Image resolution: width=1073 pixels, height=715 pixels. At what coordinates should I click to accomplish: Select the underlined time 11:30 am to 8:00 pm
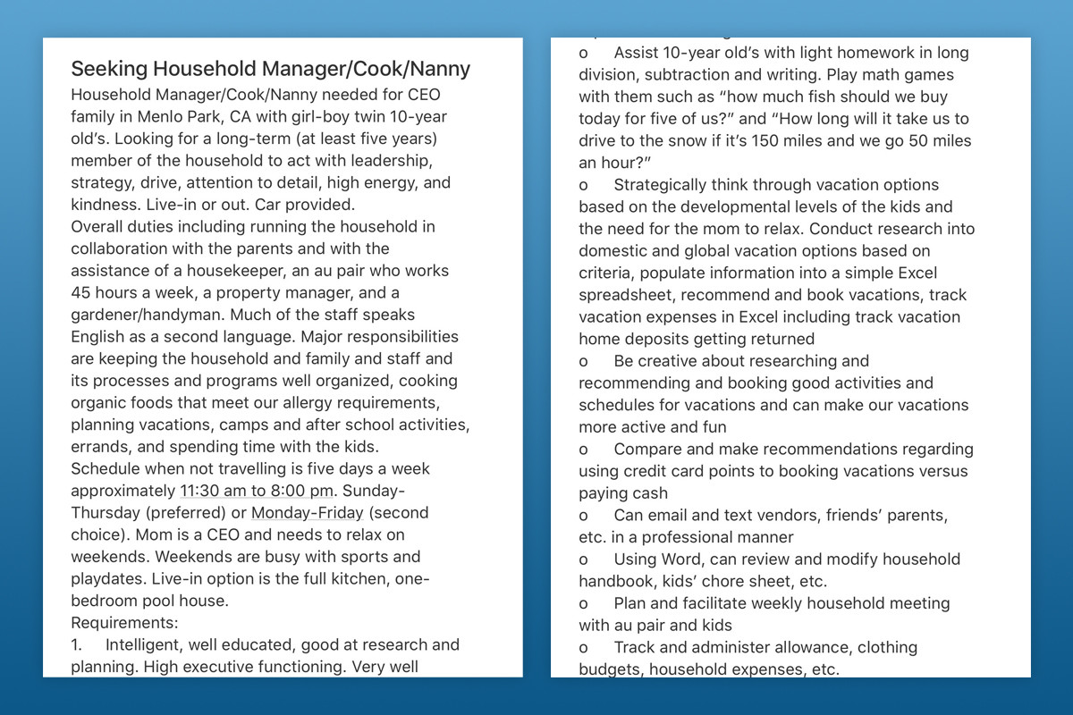(257, 491)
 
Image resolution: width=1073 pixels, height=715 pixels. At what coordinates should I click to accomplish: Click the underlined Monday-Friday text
(307, 513)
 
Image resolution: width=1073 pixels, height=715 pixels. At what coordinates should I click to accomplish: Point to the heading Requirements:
(124, 623)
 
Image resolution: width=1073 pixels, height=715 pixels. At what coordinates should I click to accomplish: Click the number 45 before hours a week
(81, 293)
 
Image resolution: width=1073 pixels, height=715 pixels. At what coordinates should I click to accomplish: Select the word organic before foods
(99, 403)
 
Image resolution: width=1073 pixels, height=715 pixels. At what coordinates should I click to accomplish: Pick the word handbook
(616, 581)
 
